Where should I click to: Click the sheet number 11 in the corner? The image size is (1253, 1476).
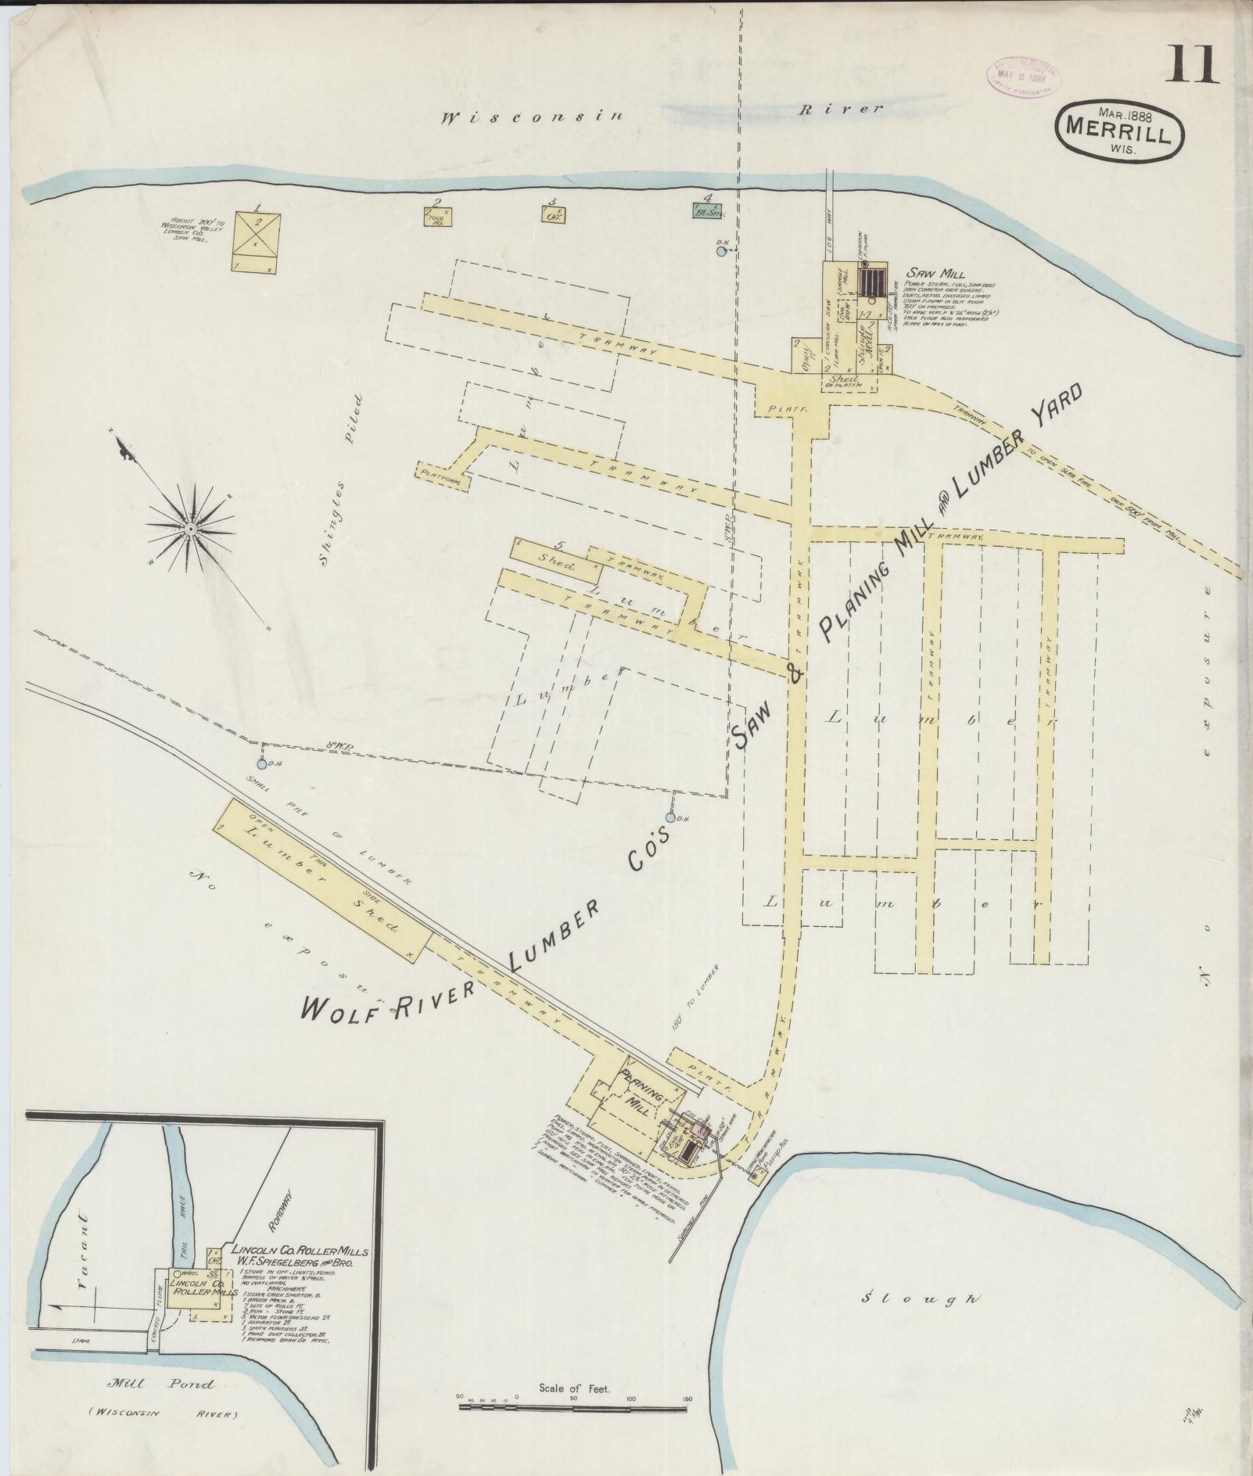click(1194, 64)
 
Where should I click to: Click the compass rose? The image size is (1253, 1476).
click(190, 530)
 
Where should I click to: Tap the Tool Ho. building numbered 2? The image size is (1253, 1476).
click(437, 217)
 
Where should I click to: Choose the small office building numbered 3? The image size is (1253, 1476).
click(553, 213)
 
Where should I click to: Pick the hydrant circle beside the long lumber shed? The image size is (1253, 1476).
click(261, 763)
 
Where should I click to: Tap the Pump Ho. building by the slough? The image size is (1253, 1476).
click(756, 1178)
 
